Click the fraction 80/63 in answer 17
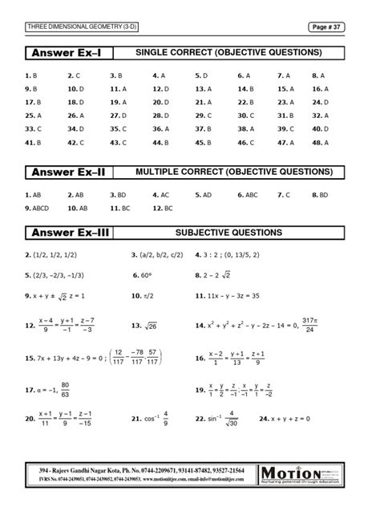[x=64, y=389]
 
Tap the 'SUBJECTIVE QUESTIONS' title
[x=228, y=233]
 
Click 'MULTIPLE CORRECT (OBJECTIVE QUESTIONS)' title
[x=233, y=172]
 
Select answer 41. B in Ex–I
[x=33, y=143]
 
